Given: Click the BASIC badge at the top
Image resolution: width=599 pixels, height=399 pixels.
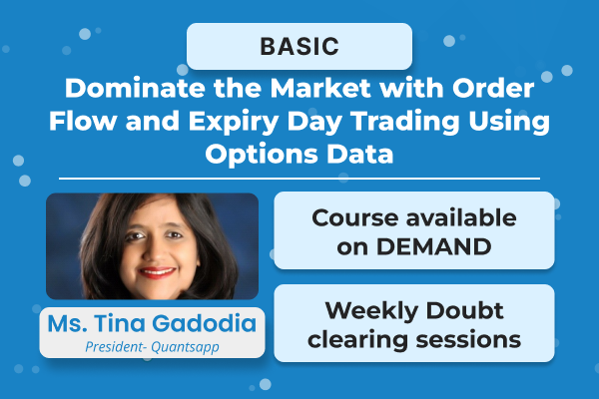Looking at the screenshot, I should [299, 46].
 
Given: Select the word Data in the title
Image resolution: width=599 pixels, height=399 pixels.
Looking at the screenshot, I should [360, 156].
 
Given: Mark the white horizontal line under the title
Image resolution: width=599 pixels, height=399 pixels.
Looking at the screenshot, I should [299, 179].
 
